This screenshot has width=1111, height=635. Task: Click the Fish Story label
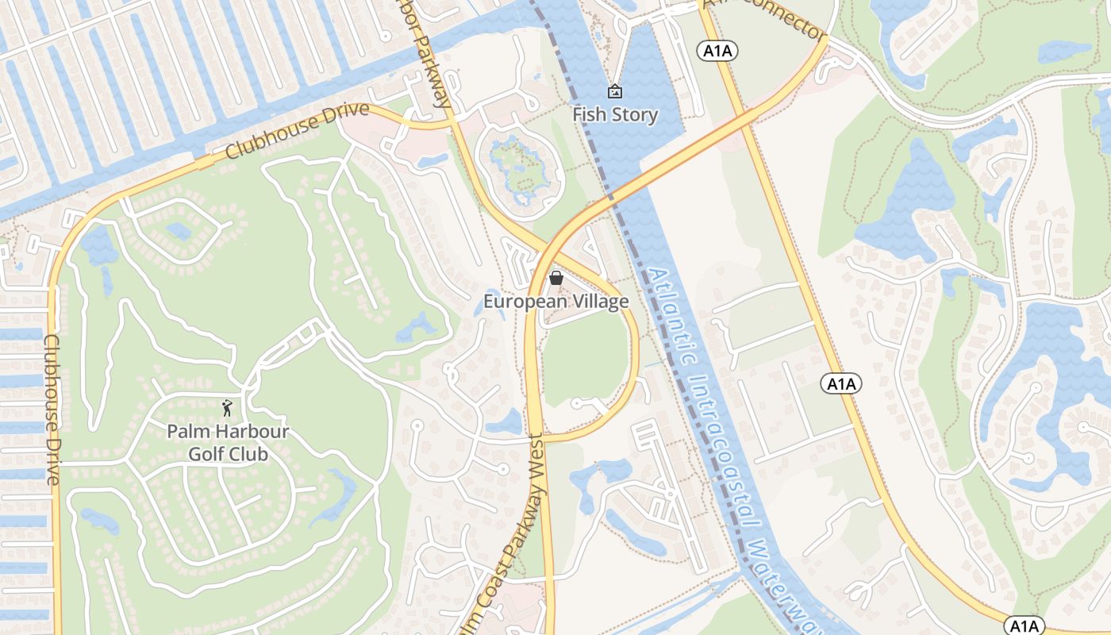615,115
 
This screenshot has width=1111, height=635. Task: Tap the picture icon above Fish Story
614,92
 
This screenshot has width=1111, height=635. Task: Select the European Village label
556,302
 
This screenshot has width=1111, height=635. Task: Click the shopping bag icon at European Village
556,279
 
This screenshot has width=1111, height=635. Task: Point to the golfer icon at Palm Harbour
228,408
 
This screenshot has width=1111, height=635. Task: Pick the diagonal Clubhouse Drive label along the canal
298,130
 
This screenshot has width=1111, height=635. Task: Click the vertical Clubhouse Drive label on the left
52,409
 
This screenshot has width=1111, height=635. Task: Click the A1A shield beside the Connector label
718,52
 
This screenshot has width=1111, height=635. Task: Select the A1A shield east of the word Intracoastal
840,384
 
